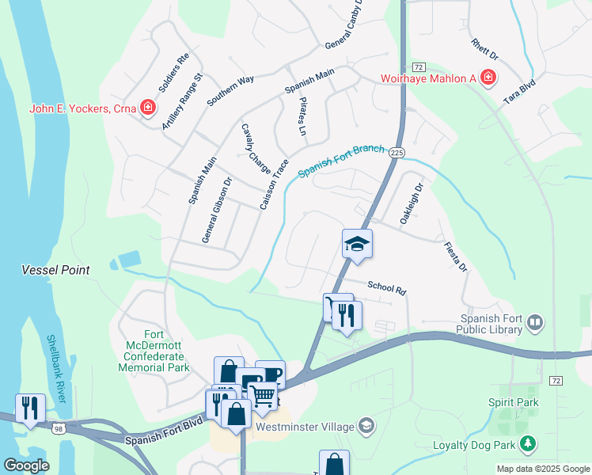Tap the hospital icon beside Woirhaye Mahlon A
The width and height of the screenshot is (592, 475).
[x=488, y=78]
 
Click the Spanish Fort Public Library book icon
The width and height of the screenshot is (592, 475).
[x=536, y=321]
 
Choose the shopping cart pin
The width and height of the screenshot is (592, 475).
[x=262, y=393]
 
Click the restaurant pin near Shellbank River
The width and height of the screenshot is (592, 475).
[x=30, y=408]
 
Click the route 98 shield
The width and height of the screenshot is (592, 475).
[x=59, y=428]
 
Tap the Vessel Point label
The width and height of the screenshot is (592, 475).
[x=55, y=270]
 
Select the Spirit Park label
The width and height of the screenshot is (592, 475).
[x=519, y=403]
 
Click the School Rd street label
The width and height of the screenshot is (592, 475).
[x=386, y=288]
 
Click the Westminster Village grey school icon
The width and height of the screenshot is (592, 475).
[x=365, y=426]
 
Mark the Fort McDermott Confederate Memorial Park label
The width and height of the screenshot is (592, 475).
[x=157, y=351]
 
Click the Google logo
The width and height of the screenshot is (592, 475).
[x=27, y=465]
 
